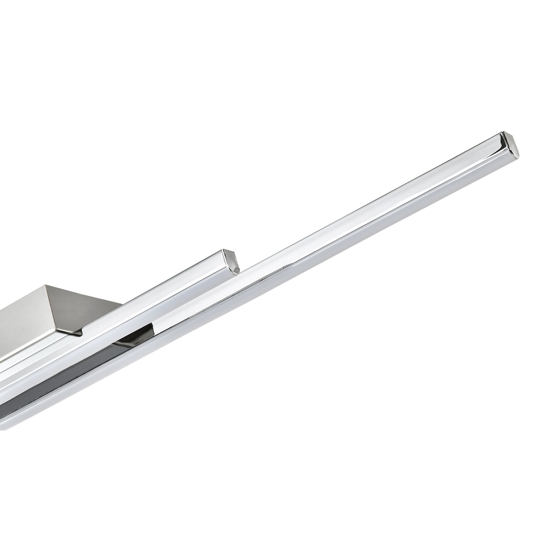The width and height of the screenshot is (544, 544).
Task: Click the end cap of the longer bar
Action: [509, 144]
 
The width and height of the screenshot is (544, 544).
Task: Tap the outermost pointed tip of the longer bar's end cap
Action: [518, 150]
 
